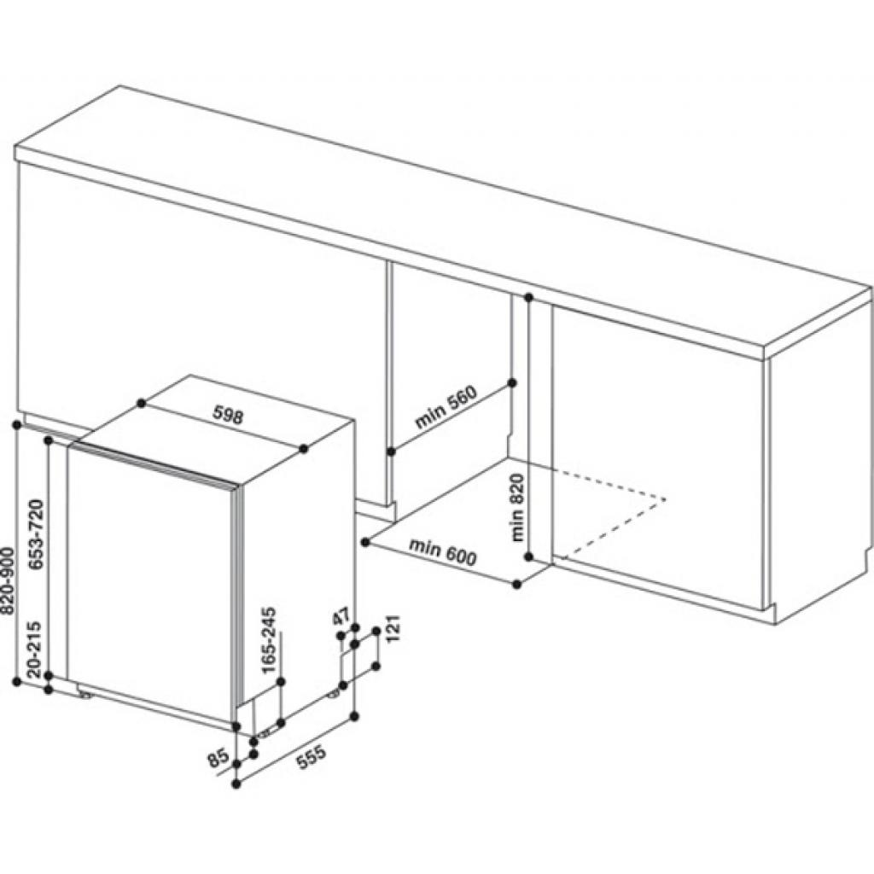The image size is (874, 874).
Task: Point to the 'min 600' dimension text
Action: click(441, 555)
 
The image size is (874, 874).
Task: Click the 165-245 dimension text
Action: click(269, 640)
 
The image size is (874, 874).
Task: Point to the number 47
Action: click(341, 616)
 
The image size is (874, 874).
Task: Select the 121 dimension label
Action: click(392, 632)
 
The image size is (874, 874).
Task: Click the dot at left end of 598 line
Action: click(140, 402)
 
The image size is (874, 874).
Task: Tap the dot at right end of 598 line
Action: click(305, 448)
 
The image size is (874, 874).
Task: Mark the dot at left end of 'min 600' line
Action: click(365, 541)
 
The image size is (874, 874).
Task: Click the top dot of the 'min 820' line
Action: click(529, 297)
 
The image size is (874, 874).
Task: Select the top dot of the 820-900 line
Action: click(17, 424)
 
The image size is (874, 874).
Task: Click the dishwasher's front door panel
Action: click(149, 580)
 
